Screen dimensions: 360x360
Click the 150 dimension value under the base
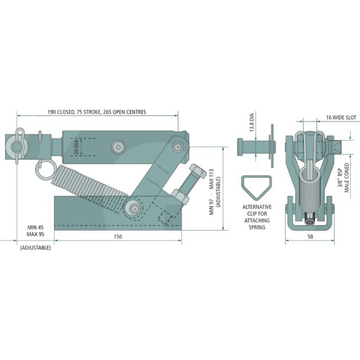118,236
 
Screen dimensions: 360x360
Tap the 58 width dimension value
310,236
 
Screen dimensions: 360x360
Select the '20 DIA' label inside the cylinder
77,147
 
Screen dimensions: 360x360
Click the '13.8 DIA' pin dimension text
252,122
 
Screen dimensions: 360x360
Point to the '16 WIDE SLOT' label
341,117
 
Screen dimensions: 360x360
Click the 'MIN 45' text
35,227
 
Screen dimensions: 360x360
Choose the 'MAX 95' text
35,234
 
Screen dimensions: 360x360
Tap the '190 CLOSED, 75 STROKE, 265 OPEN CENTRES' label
97,112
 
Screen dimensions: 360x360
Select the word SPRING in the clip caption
257,227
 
